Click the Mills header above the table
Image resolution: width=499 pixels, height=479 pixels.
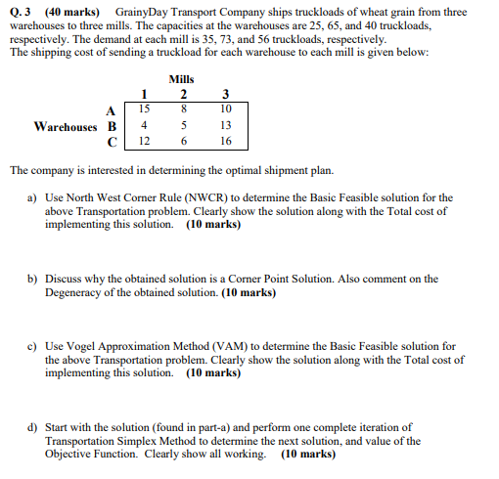[182, 78]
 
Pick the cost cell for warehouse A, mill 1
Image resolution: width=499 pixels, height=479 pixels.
[145, 109]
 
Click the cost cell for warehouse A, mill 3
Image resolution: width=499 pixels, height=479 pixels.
[226, 109]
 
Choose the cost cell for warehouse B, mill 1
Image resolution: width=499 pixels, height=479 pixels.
[145, 126]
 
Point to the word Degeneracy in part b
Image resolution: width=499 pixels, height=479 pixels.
[78, 291]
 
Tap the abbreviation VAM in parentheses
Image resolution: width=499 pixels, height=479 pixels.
[232, 346]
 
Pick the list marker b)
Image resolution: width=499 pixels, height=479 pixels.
[34, 279]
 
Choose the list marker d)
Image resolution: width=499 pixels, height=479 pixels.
[34, 427]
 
